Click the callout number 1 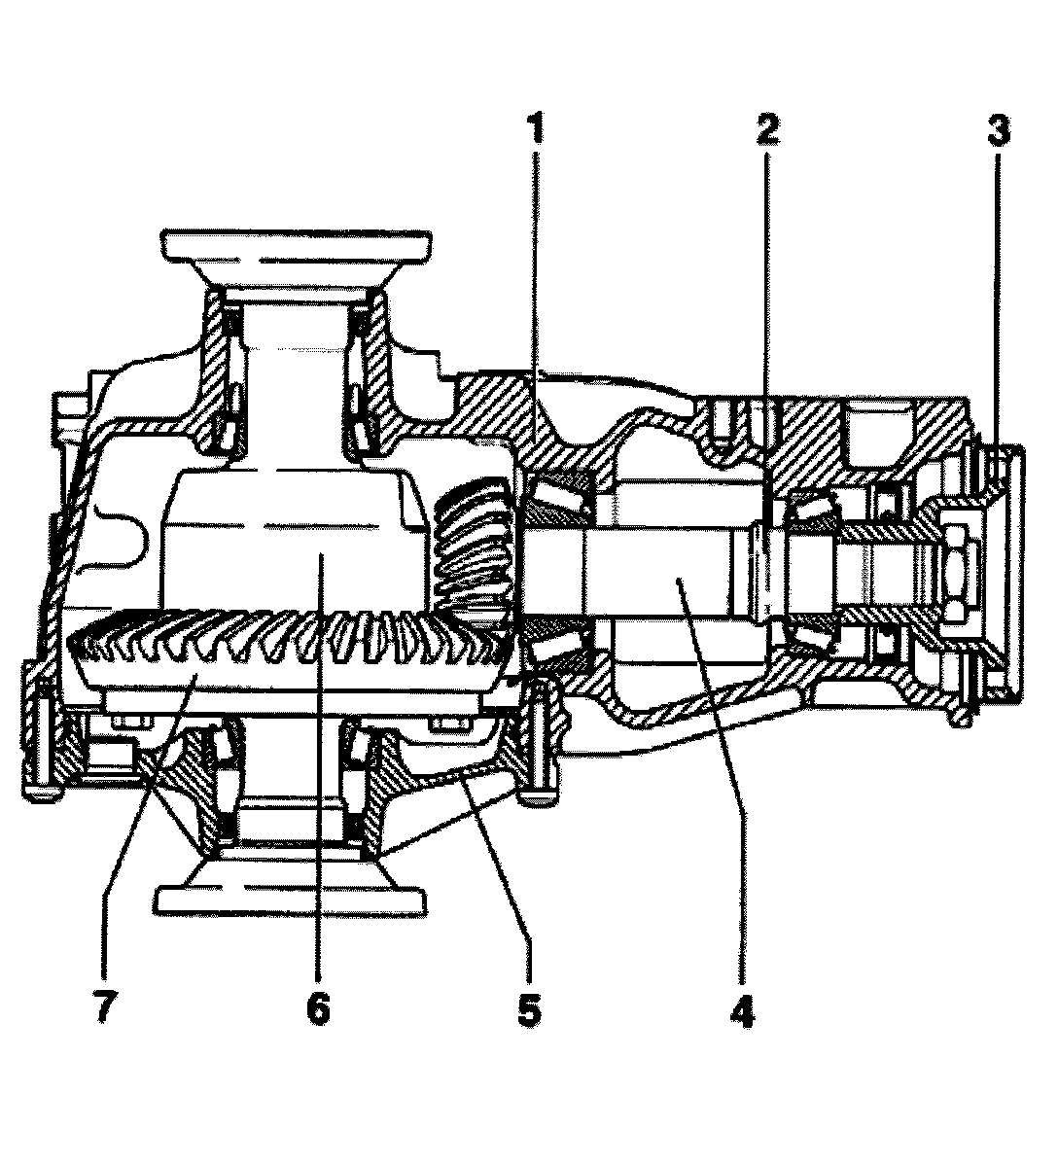click(x=534, y=129)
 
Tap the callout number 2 click(x=767, y=129)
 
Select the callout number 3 click(x=998, y=130)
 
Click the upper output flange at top click(x=297, y=245)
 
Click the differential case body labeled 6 click(x=292, y=545)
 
